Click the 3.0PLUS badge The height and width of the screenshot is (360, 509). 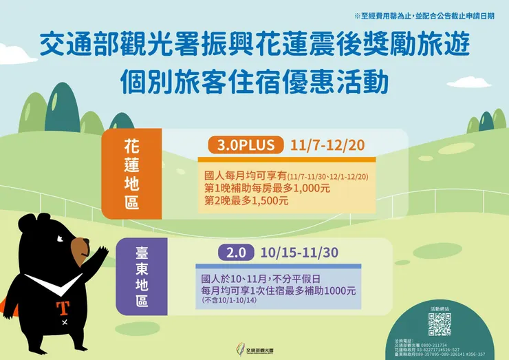(246, 145)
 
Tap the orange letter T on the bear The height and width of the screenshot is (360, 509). (65, 306)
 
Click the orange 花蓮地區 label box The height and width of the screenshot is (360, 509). (131, 173)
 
